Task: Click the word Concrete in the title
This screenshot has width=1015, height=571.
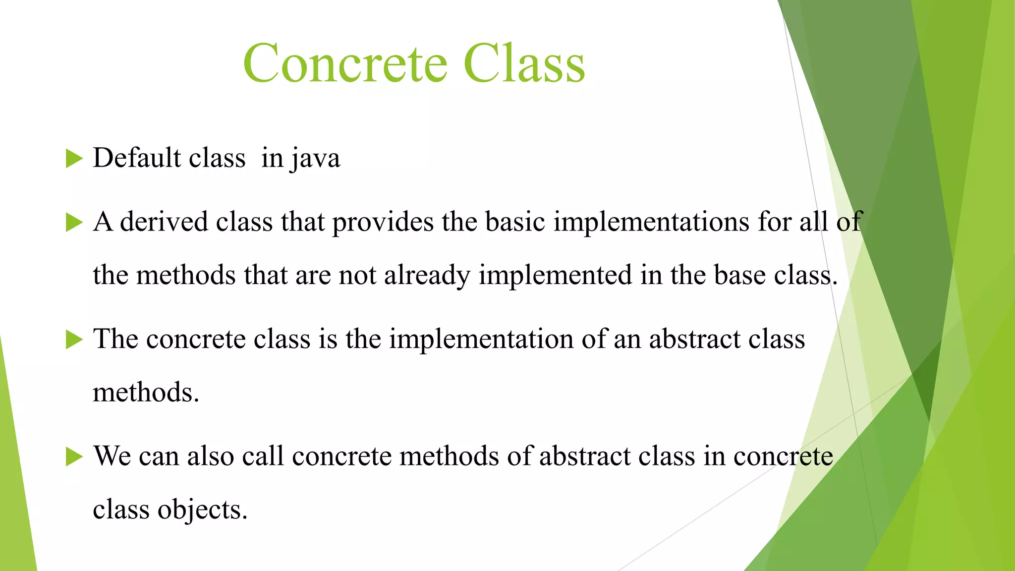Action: pyautogui.click(x=345, y=63)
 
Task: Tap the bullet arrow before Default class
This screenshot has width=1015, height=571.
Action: pyautogui.click(x=74, y=159)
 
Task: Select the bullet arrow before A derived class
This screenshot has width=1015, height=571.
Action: pyautogui.click(x=74, y=223)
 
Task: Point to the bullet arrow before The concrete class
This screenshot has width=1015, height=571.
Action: pyautogui.click(x=74, y=340)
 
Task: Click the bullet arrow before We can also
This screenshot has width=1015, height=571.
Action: pyautogui.click(x=74, y=457)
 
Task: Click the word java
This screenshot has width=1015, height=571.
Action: pyautogui.click(x=316, y=159)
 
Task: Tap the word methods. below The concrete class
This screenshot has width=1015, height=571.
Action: pyautogui.click(x=146, y=393)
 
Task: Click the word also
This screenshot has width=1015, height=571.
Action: pyautogui.click(x=210, y=456)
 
